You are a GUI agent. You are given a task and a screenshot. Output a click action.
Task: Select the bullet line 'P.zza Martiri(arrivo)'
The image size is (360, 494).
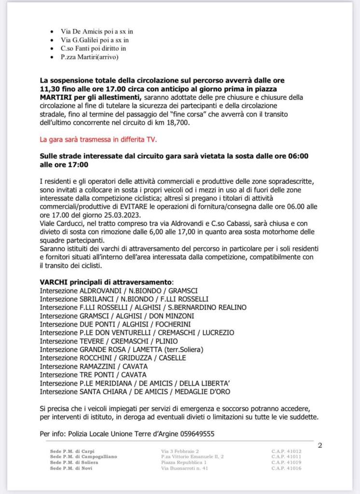[89, 57]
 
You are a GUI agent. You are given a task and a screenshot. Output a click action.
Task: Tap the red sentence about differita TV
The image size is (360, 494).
[98, 140]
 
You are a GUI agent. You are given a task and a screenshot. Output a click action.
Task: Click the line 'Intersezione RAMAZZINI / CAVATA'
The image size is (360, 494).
[94, 367]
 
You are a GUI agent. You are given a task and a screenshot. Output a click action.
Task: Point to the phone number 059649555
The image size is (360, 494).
[198, 434]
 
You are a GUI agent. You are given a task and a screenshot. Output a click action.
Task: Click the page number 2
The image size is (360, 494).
[319, 445]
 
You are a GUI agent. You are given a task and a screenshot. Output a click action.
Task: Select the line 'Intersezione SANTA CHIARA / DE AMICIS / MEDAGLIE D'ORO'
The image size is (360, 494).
[135, 392]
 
